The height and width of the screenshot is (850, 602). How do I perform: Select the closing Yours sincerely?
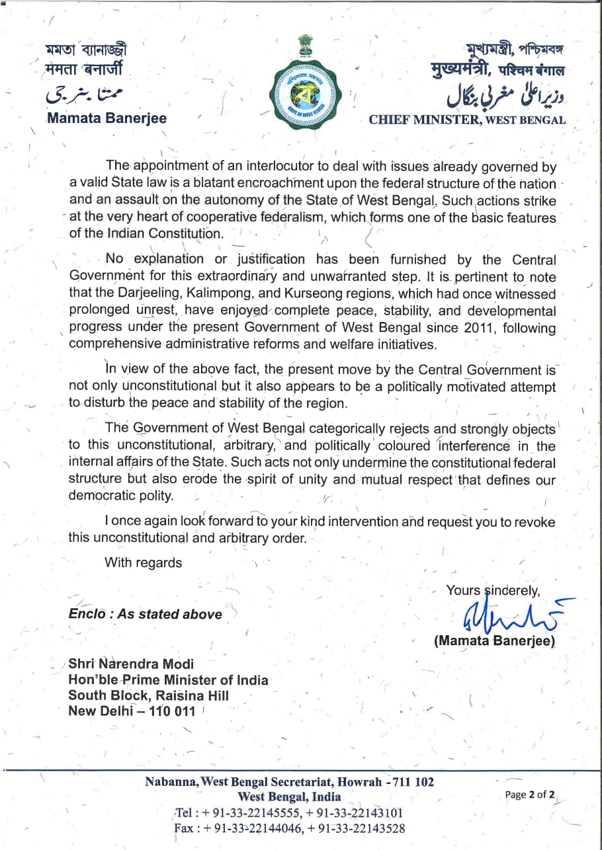pyautogui.click(x=494, y=590)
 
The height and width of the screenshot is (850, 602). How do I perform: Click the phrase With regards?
pyautogui.click(x=143, y=562)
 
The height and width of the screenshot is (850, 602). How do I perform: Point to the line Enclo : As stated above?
pyautogui.click(x=146, y=614)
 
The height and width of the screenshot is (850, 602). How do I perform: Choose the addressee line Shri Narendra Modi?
pyautogui.click(x=132, y=664)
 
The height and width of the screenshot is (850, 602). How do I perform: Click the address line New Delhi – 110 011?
pyautogui.click(x=132, y=711)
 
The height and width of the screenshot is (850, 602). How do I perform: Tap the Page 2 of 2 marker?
pyautogui.click(x=530, y=795)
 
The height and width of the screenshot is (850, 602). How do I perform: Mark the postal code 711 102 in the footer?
pyautogui.click(x=414, y=782)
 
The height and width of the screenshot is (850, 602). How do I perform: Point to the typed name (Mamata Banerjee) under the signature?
pyautogui.click(x=494, y=640)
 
